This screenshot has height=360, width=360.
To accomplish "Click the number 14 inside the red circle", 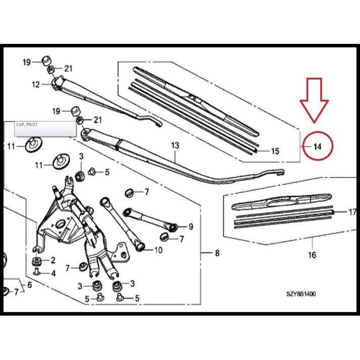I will pos(317,147).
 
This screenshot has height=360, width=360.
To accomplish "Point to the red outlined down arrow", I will pos(314,99).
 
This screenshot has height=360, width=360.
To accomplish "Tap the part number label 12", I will pos(35,85).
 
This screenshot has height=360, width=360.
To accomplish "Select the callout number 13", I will pos(175,145).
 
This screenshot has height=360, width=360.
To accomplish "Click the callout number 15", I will pos(275,151).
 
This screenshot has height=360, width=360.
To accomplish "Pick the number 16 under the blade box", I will pos(312,255).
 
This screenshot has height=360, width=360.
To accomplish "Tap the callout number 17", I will pos(352,212).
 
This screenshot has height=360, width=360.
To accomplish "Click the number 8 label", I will pos(217,253).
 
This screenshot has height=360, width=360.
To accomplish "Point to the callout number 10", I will pos(158,250).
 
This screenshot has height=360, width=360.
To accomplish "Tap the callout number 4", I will pos(53,274).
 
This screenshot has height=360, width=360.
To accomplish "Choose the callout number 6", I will pos(29,285).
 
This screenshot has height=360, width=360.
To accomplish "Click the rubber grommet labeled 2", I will pos(36,262).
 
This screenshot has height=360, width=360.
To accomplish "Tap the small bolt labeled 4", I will pos(37,272).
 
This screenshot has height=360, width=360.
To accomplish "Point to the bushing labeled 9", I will pos(172,226).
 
